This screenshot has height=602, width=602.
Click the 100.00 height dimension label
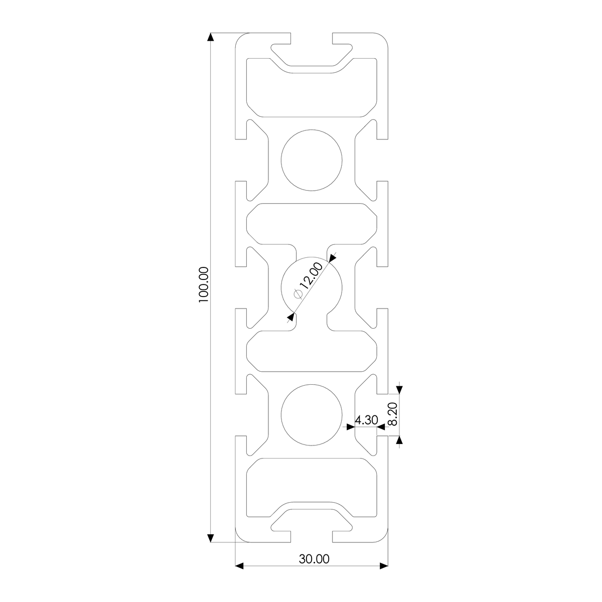click(203, 284)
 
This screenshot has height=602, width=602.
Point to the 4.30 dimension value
click(366, 420)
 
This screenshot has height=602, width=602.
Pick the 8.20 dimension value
click(392, 414)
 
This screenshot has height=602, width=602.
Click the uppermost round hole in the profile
click(312, 160)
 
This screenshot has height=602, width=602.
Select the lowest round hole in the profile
click(312, 415)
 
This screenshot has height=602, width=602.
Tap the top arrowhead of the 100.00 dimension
click(211, 37)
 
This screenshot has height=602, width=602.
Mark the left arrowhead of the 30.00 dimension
click(239, 566)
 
